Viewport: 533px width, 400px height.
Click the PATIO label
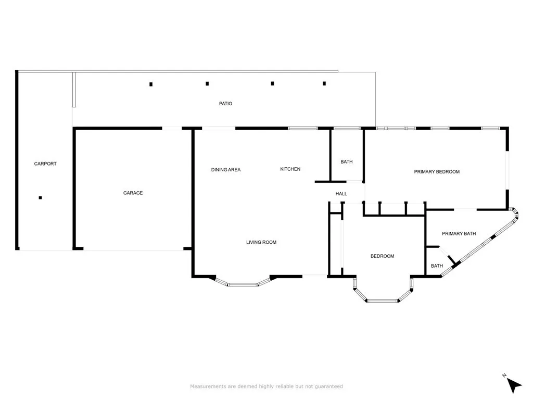(225, 104)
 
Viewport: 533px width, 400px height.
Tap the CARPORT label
(45, 164)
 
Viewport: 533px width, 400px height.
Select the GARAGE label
(133, 193)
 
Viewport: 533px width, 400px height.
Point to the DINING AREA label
(226, 169)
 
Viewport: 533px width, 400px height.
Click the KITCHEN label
(290, 169)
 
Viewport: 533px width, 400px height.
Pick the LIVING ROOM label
(261, 242)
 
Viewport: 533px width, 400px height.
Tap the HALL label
(341, 194)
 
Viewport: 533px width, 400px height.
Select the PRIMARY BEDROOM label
(437, 172)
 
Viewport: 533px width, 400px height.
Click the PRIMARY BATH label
(459, 234)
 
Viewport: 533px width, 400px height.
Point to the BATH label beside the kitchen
(347, 161)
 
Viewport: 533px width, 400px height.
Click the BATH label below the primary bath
(437, 266)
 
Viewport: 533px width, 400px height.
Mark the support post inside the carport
(40, 197)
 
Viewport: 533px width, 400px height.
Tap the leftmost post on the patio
(151, 84)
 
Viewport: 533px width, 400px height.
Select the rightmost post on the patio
(324, 83)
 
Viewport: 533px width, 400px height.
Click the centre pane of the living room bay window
(243, 284)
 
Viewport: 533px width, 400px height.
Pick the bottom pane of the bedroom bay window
(382, 301)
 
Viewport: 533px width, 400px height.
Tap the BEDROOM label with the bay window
(383, 256)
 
